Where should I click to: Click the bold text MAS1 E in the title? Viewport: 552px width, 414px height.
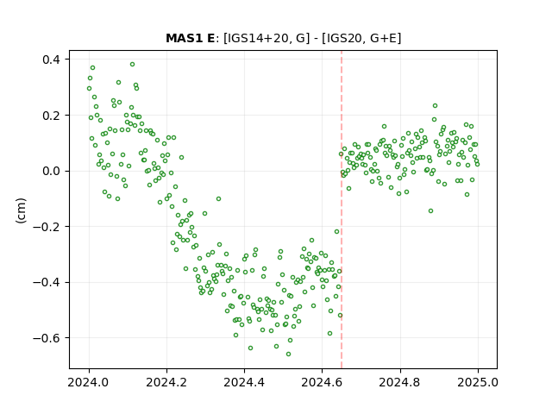190,38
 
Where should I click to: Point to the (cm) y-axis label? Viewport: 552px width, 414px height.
21,210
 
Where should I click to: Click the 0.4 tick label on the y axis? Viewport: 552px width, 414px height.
51,60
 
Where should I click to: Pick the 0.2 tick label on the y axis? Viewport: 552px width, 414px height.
51,115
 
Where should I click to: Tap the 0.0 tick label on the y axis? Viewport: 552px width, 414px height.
51,171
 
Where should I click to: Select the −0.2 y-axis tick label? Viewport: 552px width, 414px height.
47,227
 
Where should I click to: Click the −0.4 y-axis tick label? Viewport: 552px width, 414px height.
47,282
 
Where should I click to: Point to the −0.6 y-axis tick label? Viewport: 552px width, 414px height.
47,338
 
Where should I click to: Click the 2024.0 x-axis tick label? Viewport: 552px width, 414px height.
89,382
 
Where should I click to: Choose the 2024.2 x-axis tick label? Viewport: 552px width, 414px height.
166,382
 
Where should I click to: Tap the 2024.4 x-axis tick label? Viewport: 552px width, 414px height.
244,382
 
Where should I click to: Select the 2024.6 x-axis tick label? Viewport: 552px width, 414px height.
322,382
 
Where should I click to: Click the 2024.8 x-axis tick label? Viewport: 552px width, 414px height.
400,382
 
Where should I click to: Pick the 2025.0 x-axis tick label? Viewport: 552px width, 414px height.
478,382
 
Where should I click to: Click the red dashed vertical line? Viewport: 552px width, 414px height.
342,210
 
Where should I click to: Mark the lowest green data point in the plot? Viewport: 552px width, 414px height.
288,354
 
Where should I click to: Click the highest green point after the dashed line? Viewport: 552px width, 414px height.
435,105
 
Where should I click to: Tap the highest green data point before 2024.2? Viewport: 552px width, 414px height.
132,64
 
